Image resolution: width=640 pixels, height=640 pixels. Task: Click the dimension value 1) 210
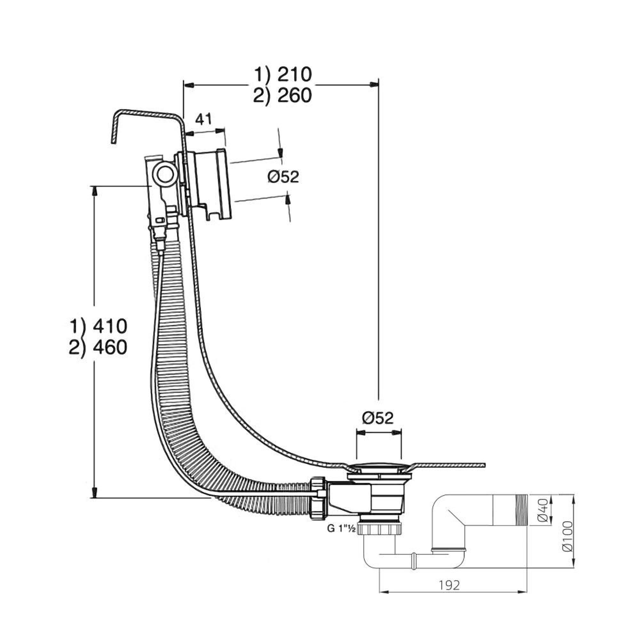283,75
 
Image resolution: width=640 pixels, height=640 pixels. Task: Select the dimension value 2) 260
283,96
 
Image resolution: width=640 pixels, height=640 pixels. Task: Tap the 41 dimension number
203,119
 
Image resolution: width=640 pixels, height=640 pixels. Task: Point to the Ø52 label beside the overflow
283,177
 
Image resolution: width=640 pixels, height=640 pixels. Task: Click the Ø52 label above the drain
378,418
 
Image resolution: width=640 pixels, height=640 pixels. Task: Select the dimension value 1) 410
98,326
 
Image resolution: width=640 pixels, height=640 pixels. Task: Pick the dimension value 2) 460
98,348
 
